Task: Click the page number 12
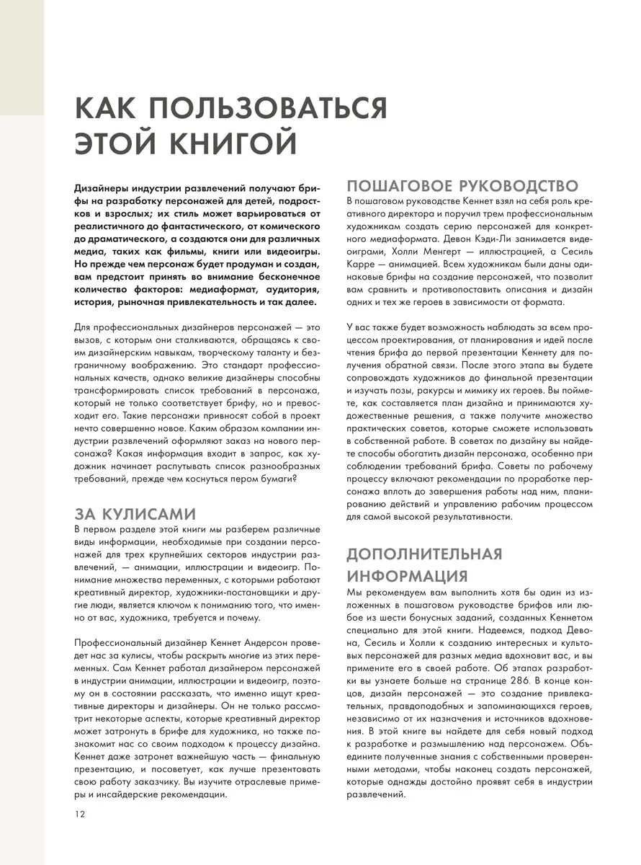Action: (x=79, y=814)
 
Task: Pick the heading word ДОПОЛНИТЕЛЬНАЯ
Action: (x=424, y=554)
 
